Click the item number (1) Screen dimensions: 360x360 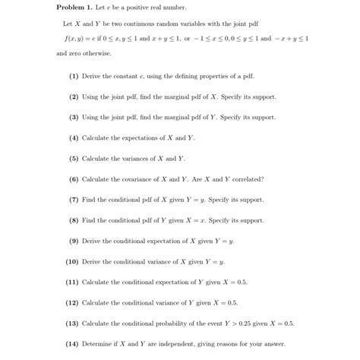74,77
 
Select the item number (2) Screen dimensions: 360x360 74,97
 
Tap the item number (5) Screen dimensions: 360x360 74,159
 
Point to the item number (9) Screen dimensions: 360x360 74,241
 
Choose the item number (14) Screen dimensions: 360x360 73,343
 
